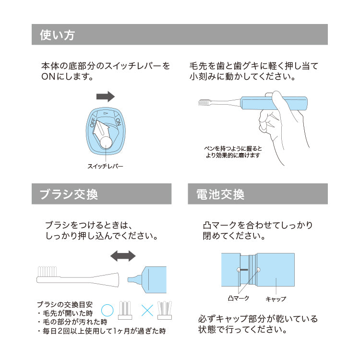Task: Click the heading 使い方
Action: pyautogui.click(x=58, y=35)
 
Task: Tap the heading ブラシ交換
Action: pyautogui.click(x=69, y=194)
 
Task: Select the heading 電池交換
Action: pyautogui.click(x=220, y=194)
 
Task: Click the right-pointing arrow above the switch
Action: pyautogui.click(x=106, y=96)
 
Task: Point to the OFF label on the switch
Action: pyautogui.click(x=93, y=122)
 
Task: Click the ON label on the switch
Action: pyautogui.click(x=118, y=122)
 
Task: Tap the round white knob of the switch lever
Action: pyautogui.click(x=106, y=143)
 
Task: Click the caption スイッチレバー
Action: pyautogui.click(x=105, y=166)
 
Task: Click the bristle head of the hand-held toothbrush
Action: pyautogui.click(x=204, y=102)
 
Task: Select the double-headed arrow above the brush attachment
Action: pyautogui.click(x=123, y=256)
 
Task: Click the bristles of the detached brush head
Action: pyautogui.click(x=47, y=272)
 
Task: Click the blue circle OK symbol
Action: pyautogui.click(x=107, y=310)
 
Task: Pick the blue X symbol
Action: pyautogui.click(x=147, y=311)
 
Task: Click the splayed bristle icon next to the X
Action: pyautogui.click(x=164, y=310)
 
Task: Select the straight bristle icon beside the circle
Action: pyautogui.click(x=125, y=310)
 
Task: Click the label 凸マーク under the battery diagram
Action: pyautogui.click(x=238, y=298)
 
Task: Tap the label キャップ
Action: pyautogui.click(x=276, y=299)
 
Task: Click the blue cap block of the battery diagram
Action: pyautogui.click(x=276, y=270)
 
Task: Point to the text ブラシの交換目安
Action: pyautogui.click(x=65, y=304)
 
